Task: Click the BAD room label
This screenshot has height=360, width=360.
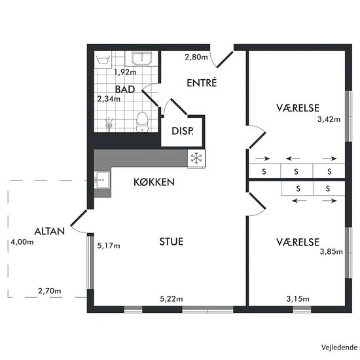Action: pyautogui.click(x=125, y=89)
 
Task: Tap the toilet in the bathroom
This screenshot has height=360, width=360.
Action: pyautogui.click(x=142, y=122)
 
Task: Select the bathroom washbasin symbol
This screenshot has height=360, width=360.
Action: pyautogui.click(x=141, y=58)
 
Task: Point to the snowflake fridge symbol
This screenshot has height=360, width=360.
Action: pyautogui.click(x=196, y=158)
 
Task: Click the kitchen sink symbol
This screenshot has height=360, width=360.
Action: pyautogui.click(x=102, y=180)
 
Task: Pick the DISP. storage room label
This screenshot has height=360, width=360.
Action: pyautogui.click(x=183, y=131)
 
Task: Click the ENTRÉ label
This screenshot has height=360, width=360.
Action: pyautogui.click(x=202, y=83)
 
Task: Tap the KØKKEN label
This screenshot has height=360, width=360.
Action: pyautogui.click(x=154, y=182)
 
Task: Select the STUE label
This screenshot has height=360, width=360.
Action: pyautogui.click(x=171, y=242)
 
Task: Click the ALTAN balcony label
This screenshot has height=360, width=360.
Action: pyautogui.click(x=50, y=231)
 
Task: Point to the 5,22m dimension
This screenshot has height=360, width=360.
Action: pyautogui.click(x=171, y=299)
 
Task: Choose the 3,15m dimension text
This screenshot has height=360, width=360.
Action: pyautogui.click(x=298, y=299)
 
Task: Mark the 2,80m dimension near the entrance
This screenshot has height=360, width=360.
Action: pyautogui.click(x=196, y=57)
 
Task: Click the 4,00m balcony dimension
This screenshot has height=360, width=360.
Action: pyautogui.click(x=22, y=242)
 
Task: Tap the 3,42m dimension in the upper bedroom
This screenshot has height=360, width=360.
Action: pyautogui.click(x=329, y=119)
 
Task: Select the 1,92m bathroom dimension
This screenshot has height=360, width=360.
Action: pyautogui.click(x=126, y=72)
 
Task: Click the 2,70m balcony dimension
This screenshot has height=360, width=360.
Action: pyautogui.click(x=50, y=291)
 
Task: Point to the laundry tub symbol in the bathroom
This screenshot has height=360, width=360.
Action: pyautogui.click(x=103, y=60)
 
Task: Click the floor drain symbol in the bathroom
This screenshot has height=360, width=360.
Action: pyautogui.click(x=109, y=125)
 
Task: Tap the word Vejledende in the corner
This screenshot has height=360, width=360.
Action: pyautogui.click(x=339, y=348)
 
